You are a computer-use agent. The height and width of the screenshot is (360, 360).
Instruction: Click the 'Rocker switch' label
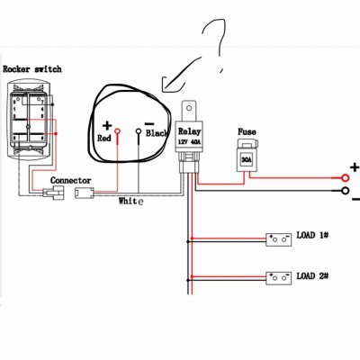point(32,69)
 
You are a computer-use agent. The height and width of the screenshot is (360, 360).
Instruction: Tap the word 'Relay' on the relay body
point(189,131)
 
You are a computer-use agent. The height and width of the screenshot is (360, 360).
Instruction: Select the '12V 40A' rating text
point(189,141)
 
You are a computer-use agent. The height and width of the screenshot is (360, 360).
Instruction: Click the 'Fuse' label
point(247,131)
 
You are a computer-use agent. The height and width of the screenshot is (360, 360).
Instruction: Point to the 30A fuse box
point(246,160)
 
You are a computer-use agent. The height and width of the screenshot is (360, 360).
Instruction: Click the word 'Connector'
point(70,180)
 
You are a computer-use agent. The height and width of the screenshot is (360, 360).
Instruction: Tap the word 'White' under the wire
point(131,201)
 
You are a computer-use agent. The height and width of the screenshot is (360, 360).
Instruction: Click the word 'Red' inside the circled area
point(104,139)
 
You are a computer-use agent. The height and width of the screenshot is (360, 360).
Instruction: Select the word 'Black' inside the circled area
point(157,133)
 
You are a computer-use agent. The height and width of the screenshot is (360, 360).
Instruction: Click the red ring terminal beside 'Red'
point(117,131)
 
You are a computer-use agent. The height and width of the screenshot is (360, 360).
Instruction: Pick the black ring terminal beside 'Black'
point(139,131)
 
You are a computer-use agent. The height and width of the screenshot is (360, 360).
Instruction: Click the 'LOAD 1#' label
point(312,235)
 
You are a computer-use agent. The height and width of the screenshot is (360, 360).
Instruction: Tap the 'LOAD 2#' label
point(312,275)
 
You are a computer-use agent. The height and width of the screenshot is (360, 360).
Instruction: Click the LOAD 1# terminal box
point(279,239)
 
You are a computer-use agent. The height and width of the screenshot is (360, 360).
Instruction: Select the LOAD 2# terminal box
point(279,278)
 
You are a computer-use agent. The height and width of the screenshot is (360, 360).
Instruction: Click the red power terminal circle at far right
point(346,178)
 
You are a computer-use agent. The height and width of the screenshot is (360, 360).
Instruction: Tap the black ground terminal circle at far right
point(346,191)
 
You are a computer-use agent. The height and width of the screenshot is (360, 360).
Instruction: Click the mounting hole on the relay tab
point(189,108)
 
